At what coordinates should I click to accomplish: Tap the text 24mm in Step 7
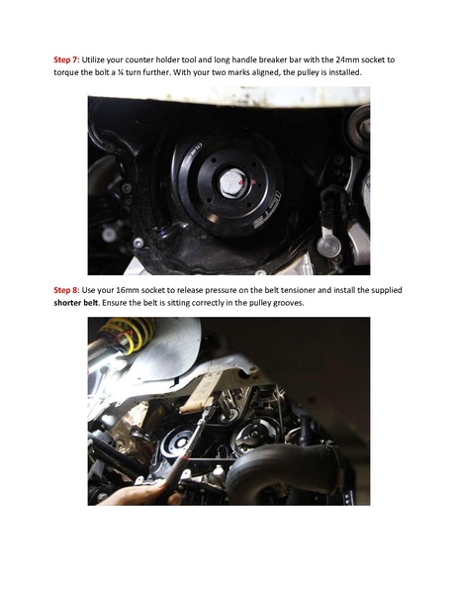pyautogui.click(x=348, y=59)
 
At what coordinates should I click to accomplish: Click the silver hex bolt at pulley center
pyautogui.click(x=235, y=181)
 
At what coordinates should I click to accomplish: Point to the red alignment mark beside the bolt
pyautogui.click(x=254, y=182)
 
